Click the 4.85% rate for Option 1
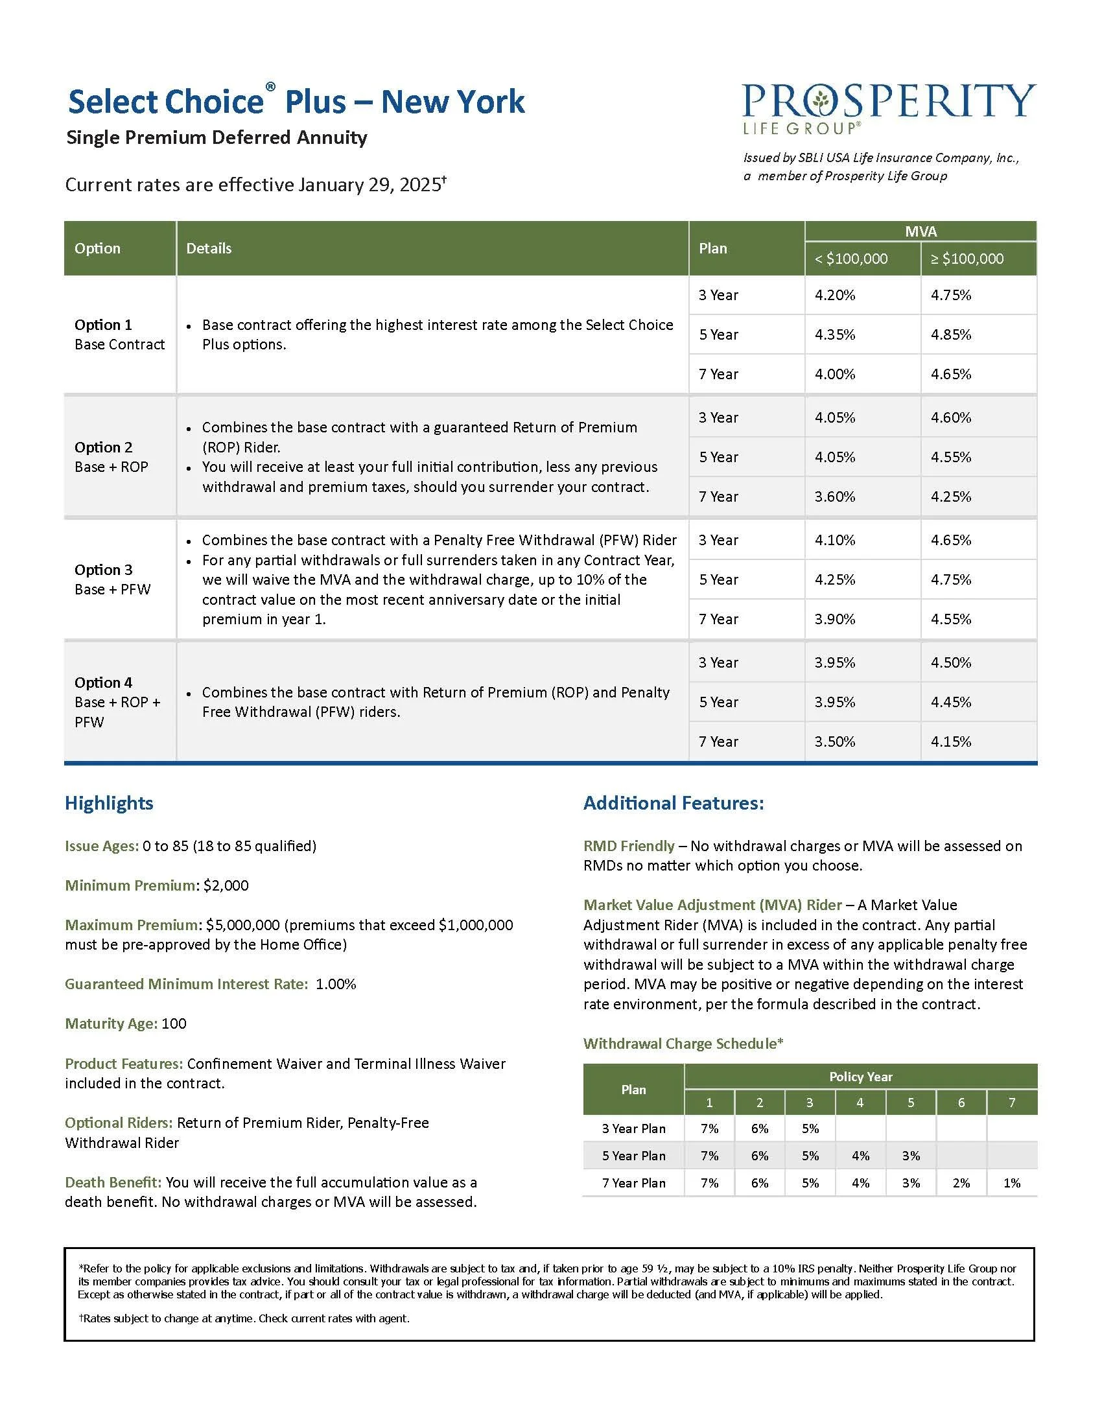950,334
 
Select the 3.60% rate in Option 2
834,497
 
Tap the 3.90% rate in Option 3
834,619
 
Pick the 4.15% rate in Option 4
950,742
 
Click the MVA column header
920,231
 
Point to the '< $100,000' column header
850,259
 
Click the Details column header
209,248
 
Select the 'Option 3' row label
103,569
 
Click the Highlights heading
109,803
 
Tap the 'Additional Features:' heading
673,803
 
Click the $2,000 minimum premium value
226,885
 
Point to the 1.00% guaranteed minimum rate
336,984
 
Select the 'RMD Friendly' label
628,845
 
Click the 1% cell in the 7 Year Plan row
1011,1183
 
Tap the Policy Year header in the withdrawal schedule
860,1077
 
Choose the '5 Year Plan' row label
633,1156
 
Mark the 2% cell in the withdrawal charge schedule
961,1183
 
